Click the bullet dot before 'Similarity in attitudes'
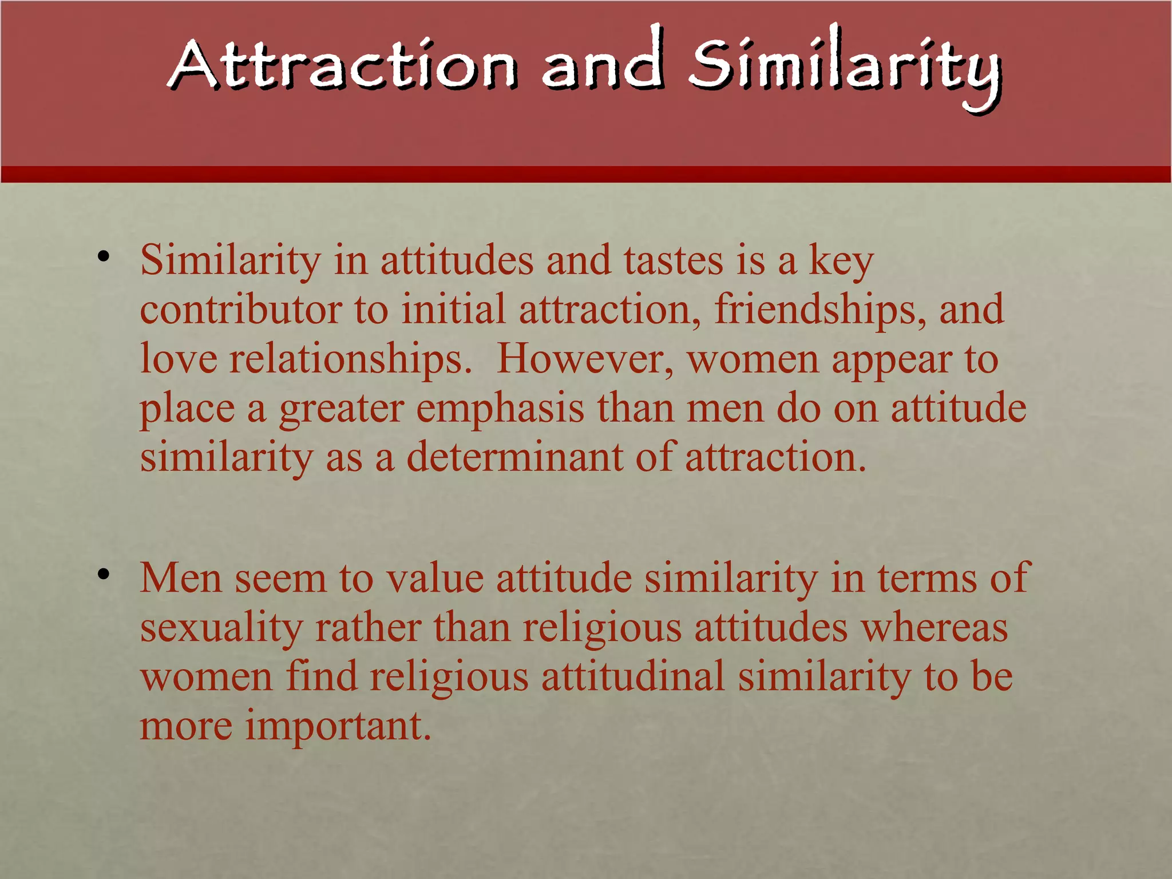tap(103, 257)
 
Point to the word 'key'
tap(841, 262)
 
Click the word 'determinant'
tap(514, 458)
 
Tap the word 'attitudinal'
tap(633, 676)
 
